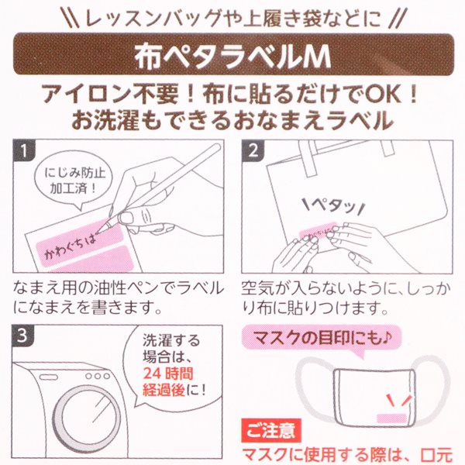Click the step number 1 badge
(x=24, y=150)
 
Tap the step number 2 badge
(x=253, y=150)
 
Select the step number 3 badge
(x=22, y=336)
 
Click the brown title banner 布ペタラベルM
(x=233, y=53)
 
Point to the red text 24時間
(x=168, y=374)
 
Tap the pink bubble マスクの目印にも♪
(x=322, y=337)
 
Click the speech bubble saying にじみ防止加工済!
(x=74, y=181)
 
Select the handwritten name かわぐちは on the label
(x=71, y=246)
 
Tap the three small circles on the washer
(x=98, y=376)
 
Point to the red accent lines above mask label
(x=399, y=401)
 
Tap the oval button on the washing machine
(x=49, y=377)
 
